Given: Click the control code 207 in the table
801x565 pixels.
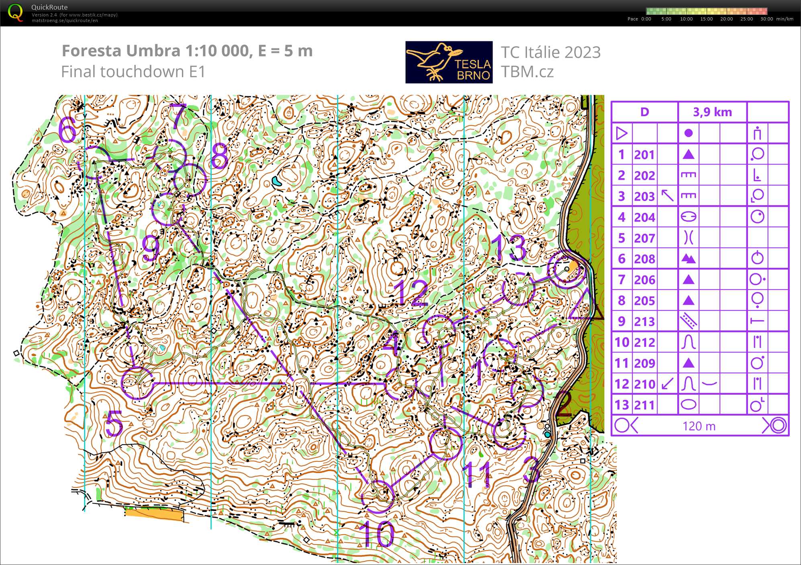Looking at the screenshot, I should pos(644,238).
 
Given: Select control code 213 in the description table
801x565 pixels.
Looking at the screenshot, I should pos(644,322).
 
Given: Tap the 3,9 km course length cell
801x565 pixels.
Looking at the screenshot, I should pos(712,112).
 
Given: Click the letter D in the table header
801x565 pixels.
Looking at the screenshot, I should pos(644,112).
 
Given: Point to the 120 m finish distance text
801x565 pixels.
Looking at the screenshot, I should pos(699,426).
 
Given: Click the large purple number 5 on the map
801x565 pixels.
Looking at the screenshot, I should pos(114,424).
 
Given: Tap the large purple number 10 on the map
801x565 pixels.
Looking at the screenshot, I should pos(376,534).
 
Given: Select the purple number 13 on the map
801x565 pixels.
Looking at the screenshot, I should pos(508,248).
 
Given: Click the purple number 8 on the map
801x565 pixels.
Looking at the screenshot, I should pos(220,156).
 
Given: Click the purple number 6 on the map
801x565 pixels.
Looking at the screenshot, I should pos(67,129).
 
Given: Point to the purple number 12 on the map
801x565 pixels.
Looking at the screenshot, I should pos(411,293).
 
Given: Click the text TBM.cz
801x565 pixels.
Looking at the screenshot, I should pos(527,72).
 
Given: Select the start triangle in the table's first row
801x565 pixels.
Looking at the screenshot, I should pos(621,133).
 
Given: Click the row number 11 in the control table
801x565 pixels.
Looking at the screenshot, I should pos(621,363).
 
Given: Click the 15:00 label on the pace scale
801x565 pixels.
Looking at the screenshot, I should pos(706,19).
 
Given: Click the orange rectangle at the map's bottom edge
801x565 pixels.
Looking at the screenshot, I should pos(153,513).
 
